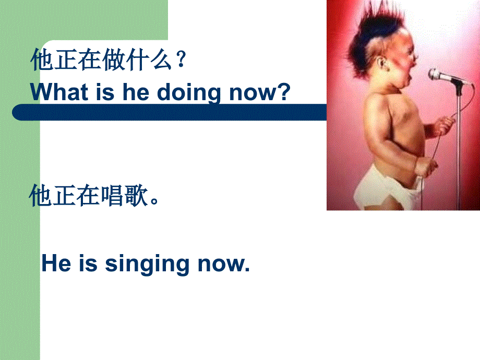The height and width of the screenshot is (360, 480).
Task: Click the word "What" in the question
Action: (x=59, y=92)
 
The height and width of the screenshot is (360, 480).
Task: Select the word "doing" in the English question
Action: (x=188, y=93)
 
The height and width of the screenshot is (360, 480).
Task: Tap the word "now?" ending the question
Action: (x=260, y=92)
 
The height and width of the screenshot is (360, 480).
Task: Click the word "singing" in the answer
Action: (x=147, y=264)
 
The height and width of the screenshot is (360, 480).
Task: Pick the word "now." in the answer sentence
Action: (x=224, y=264)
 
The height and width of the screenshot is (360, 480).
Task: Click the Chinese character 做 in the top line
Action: (x=114, y=59)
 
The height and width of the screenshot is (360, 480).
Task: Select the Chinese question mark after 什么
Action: (x=181, y=59)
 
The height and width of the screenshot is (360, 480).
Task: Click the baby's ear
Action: (x=381, y=63)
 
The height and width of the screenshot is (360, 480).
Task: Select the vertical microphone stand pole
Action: (x=458, y=147)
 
